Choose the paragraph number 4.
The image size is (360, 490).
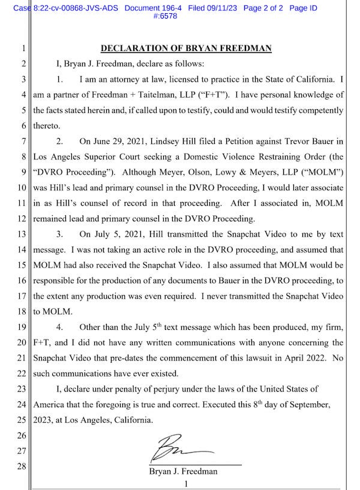point(60,327)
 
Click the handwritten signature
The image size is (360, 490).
point(174,448)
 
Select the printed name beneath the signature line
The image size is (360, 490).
point(183,471)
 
